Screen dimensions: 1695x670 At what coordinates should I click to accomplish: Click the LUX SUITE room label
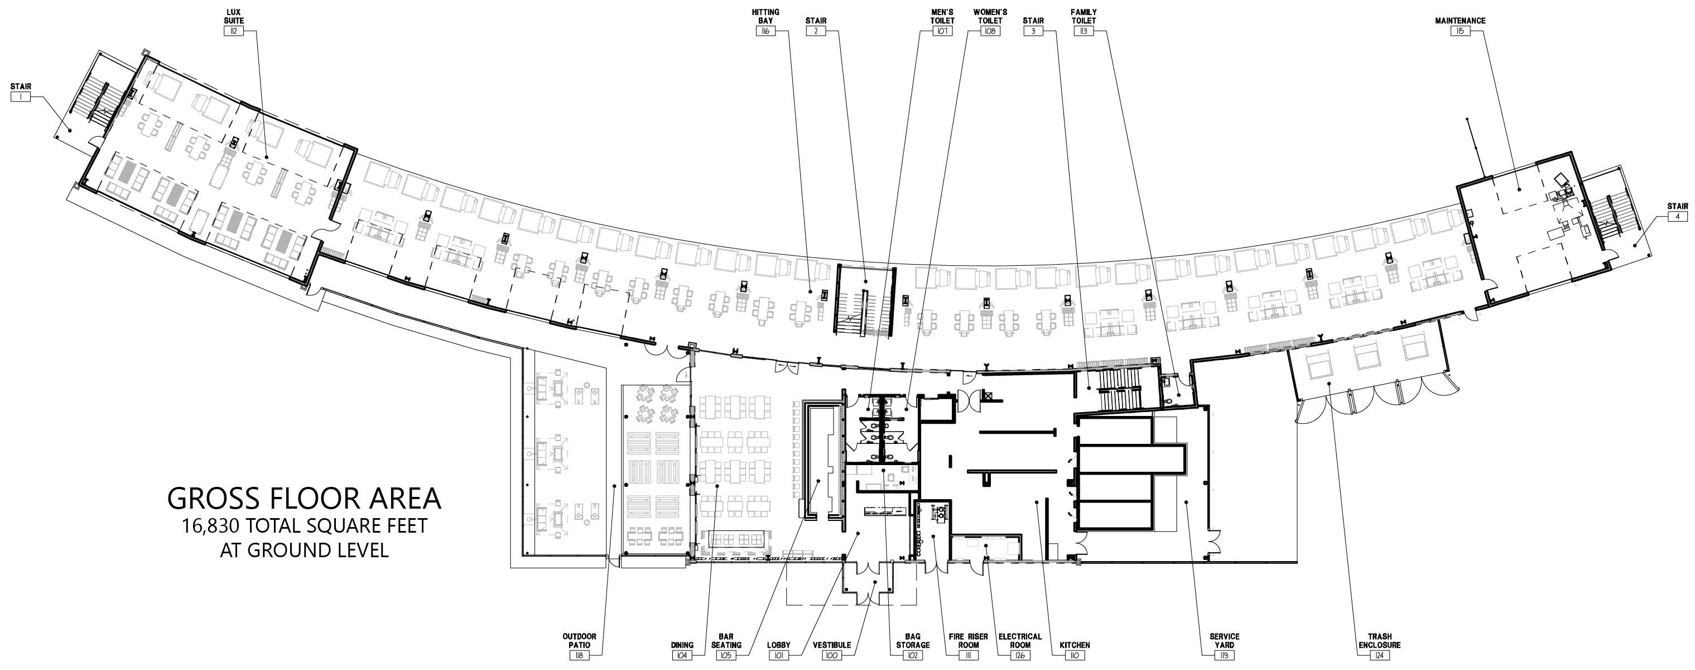(x=234, y=16)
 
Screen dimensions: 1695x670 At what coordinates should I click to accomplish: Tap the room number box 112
(x=234, y=31)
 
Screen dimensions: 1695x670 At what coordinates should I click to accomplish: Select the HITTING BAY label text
(x=765, y=16)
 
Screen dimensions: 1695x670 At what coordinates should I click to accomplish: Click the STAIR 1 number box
(x=21, y=97)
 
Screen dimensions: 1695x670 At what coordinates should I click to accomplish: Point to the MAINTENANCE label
(x=1460, y=21)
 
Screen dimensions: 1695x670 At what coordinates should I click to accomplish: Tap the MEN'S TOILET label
(x=942, y=16)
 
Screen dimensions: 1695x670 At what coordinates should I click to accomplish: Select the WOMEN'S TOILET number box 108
(x=990, y=31)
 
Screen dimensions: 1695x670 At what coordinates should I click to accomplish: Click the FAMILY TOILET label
(x=1084, y=16)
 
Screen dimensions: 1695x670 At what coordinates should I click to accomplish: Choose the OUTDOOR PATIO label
(x=579, y=640)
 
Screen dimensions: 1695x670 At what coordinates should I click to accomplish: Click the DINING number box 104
(x=682, y=655)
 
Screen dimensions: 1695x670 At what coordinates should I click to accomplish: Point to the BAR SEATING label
(x=726, y=640)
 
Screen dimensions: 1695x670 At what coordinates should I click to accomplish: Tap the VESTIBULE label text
(x=832, y=645)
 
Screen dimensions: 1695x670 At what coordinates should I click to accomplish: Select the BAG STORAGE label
(x=913, y=640)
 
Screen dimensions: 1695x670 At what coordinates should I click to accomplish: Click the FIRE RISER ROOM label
(x=968, y=640)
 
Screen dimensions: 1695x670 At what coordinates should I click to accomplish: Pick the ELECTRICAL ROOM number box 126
(x=1020, y=655)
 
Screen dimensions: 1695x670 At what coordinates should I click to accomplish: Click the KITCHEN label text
(x=1075, y=645)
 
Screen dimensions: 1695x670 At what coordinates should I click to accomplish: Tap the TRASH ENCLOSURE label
(x=1379, y=640)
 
